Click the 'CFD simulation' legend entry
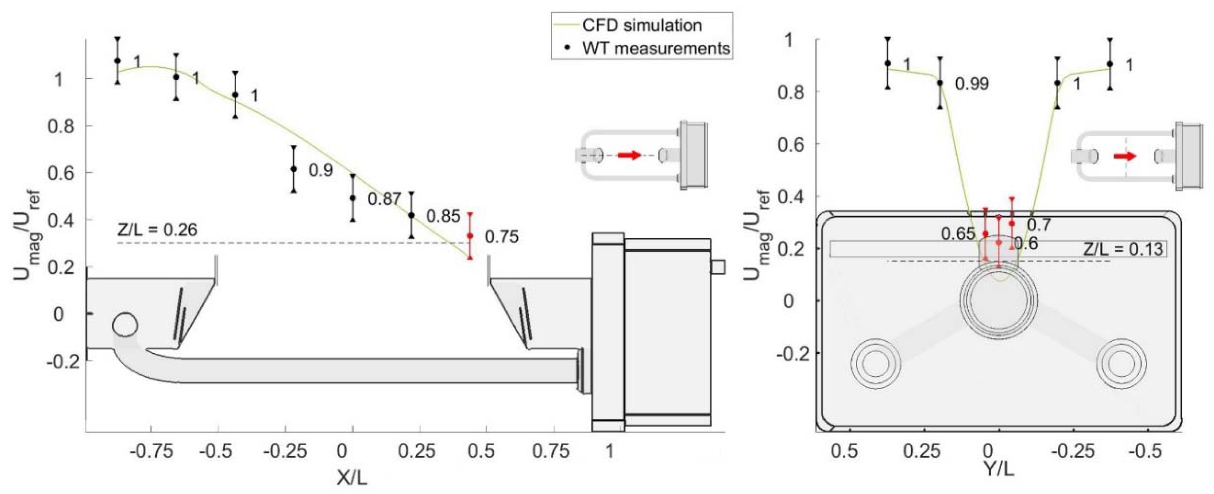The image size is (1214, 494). (x=642, y=25)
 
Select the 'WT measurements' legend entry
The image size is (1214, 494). (x=656, y=48)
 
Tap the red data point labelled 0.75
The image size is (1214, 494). (x=470, y=236)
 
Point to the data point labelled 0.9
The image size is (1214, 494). (x=294, y=169)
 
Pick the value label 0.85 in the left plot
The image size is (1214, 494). (x=443, y=216)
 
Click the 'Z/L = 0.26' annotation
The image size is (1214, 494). (x=157, y=230)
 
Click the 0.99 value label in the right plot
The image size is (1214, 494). (x=972, y=83)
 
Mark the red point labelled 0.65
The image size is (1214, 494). (x=985, y=234)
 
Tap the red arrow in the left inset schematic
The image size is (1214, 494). (x=630, y=155)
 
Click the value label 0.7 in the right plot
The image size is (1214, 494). (x=1039, y=225)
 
